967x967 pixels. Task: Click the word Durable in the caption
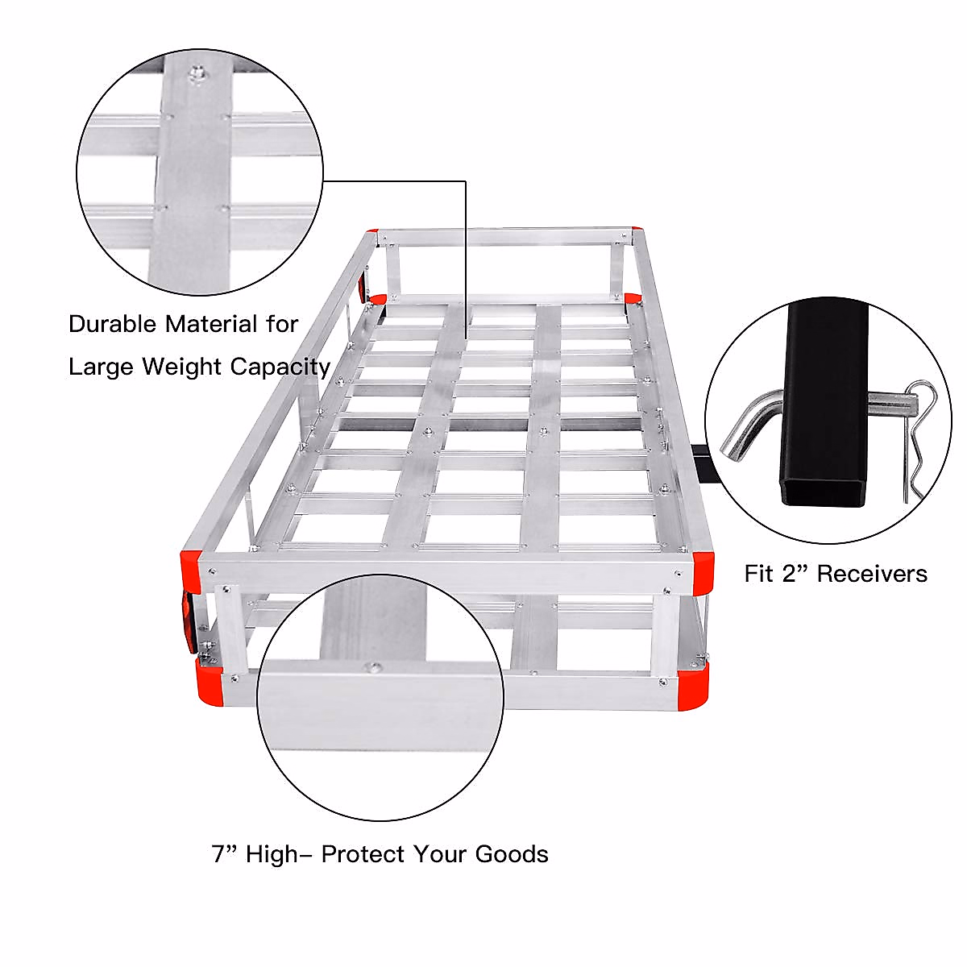coord(113,324)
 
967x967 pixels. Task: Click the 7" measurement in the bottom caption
coord(225,854)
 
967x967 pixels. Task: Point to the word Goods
coord(512,854)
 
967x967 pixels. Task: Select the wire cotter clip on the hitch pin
coord(915,435)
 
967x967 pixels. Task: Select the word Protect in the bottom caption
coord(363,854)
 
